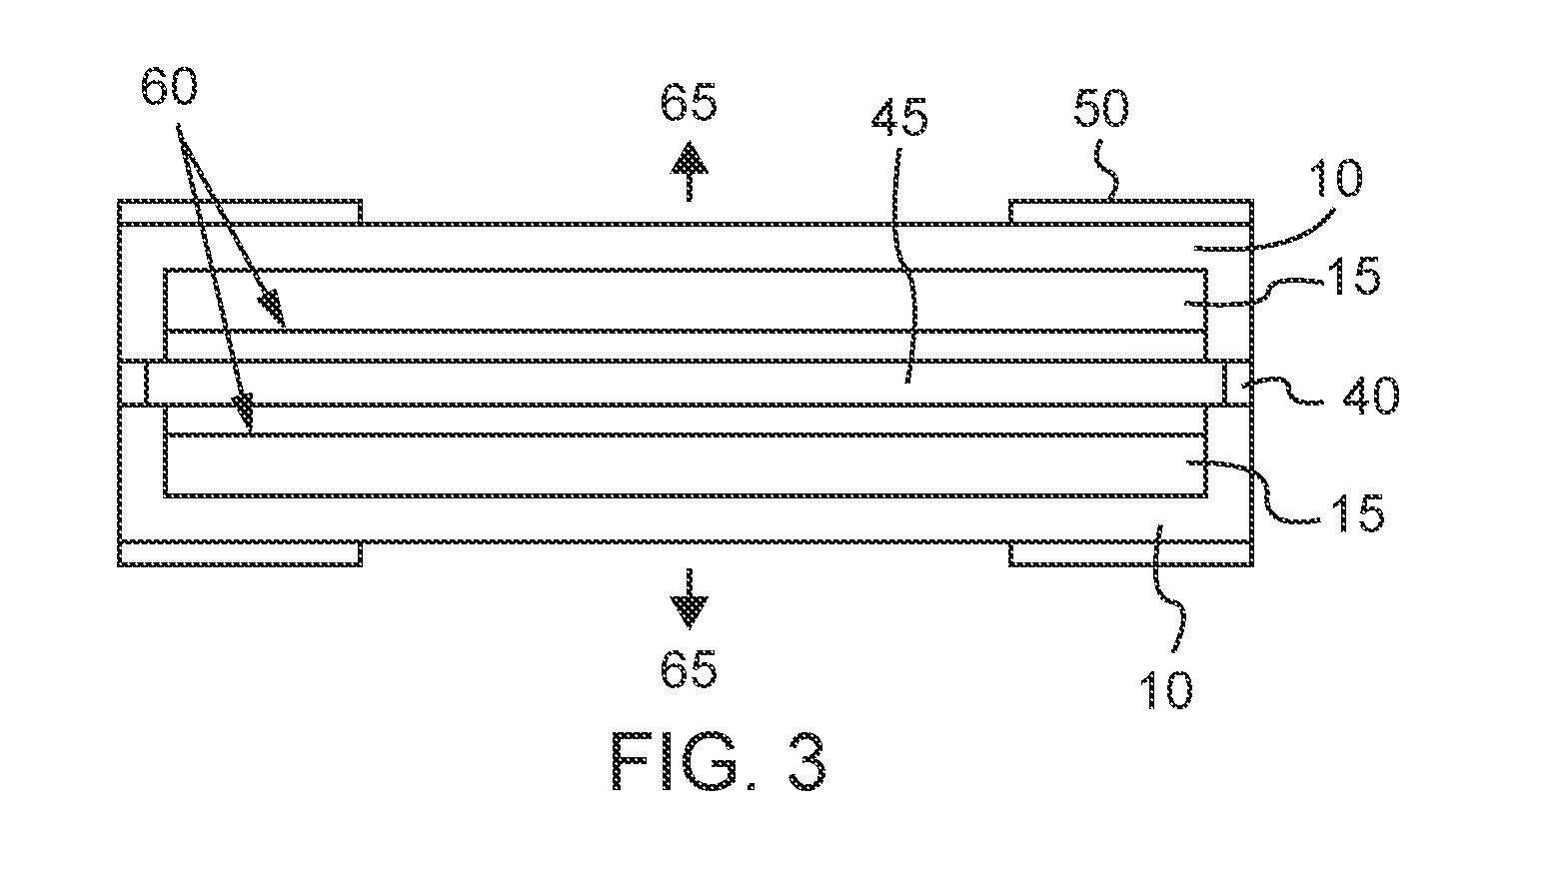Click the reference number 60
click(169, 87)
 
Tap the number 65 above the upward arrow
click(689, 103)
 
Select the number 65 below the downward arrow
click(689, 668)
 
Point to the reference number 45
click(899, 116)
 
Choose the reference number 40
click(1370, 397)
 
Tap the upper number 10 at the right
click(1335, 179)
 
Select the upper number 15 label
click(1355, 277)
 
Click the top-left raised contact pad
click(240, 212)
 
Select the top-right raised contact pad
click(1131, 212)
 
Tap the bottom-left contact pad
click(240, 553)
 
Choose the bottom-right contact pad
click(1131, 553)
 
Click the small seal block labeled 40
click(1237, 383)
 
